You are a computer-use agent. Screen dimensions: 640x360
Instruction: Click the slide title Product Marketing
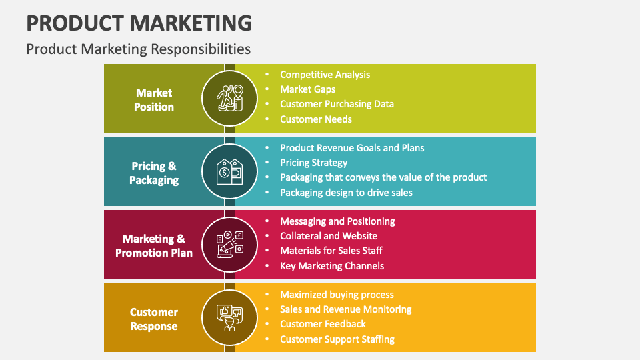point(139,23)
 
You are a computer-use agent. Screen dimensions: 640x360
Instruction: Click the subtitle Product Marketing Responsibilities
point(138,49)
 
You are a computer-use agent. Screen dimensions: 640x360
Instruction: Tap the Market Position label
point(154,99)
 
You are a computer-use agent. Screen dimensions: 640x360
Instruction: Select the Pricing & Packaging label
point(154,173)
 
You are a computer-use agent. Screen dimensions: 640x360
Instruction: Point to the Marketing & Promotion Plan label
point(154,245)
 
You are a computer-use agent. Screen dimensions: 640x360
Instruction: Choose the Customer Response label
point(154,319)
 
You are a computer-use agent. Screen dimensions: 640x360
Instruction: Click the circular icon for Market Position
point(229,99)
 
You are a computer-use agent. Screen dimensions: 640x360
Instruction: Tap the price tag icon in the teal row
point(229,172)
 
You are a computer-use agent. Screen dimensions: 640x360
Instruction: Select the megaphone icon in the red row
point(229,245)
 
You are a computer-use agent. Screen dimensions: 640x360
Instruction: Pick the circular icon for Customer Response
point(229,318)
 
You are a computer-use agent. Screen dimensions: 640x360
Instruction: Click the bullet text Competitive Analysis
point(325,75)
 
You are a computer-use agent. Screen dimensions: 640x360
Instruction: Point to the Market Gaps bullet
point(307,89)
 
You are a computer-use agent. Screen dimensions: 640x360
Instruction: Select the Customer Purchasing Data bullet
point(337,104)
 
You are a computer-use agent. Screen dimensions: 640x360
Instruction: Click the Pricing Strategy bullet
point(313,163)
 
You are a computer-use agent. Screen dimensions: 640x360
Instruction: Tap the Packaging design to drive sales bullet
point(346,193)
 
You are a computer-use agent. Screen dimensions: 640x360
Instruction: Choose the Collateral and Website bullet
point(329,236)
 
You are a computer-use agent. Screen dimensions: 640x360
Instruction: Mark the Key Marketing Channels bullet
point(332,266)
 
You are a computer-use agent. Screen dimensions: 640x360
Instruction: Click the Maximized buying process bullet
point(337,295)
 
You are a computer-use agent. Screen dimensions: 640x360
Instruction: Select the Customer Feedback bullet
point(323,324)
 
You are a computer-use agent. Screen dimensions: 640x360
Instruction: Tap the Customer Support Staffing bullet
point(337,339)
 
